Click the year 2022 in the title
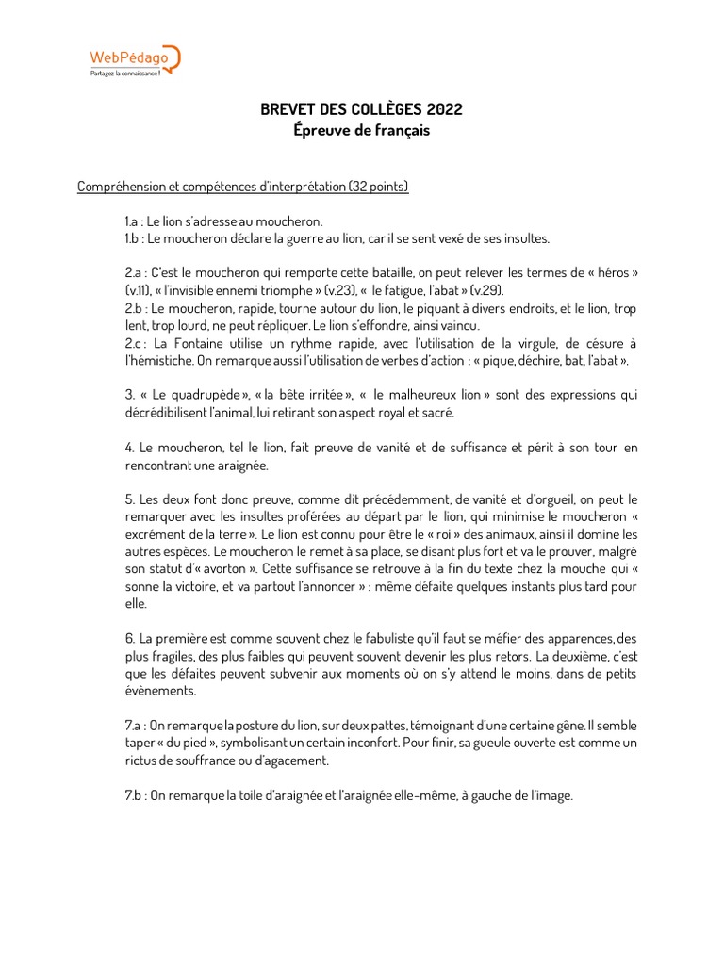pos(444,110)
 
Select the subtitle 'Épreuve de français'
pos(361,131)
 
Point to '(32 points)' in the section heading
pos(378,187)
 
